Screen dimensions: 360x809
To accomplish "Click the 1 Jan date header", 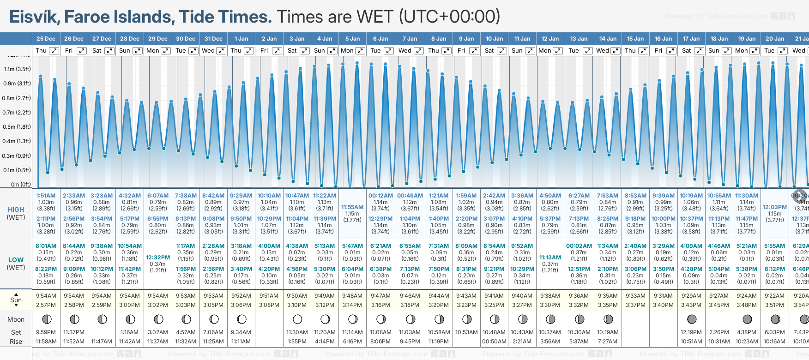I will tap(241, 39).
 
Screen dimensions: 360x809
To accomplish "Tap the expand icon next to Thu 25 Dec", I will tap(54, 51).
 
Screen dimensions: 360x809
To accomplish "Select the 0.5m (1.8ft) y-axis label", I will tap(17, 127).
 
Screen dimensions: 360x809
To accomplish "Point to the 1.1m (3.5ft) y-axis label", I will tap(18, 69).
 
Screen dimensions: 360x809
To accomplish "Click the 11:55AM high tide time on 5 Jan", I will tap(352, 207).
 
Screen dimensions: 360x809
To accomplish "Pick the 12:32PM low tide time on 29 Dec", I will tap(158, 258).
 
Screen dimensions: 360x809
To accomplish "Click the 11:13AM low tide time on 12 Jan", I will tap(550, 258).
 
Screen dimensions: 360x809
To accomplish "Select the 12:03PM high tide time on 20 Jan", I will tap(774, 207).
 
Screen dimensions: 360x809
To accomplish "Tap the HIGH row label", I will tap(16, 210).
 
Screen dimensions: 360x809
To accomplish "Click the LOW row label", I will tap(16, 260).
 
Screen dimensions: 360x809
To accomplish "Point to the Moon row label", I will tap(16, 319).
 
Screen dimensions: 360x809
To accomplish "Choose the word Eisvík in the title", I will tap(34, 17).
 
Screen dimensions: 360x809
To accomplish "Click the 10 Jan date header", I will tap(494, 39).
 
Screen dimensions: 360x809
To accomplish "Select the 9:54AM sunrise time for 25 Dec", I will tap(46, 296).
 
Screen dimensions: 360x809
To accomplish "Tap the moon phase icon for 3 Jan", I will tap(297, 319).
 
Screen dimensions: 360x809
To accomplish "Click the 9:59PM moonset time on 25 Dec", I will tap(46, 332).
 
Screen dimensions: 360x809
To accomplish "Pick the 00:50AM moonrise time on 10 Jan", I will tap(494, 342).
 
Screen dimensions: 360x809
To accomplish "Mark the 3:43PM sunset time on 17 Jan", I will tap(691, 305).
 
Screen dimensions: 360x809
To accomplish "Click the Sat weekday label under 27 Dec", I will tap(97, 51).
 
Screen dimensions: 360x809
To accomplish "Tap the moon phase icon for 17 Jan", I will tap(691, 319).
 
